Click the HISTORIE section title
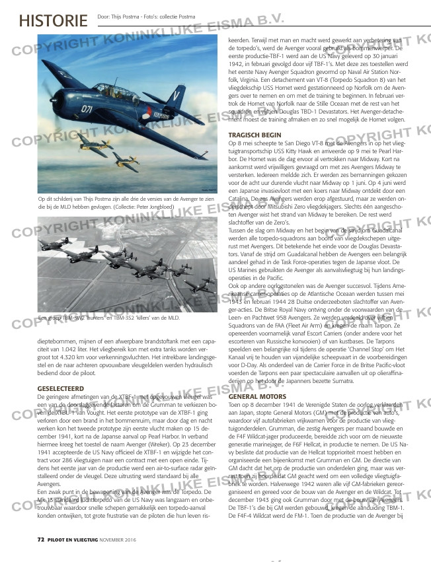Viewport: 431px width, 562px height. tap(53, 20)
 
